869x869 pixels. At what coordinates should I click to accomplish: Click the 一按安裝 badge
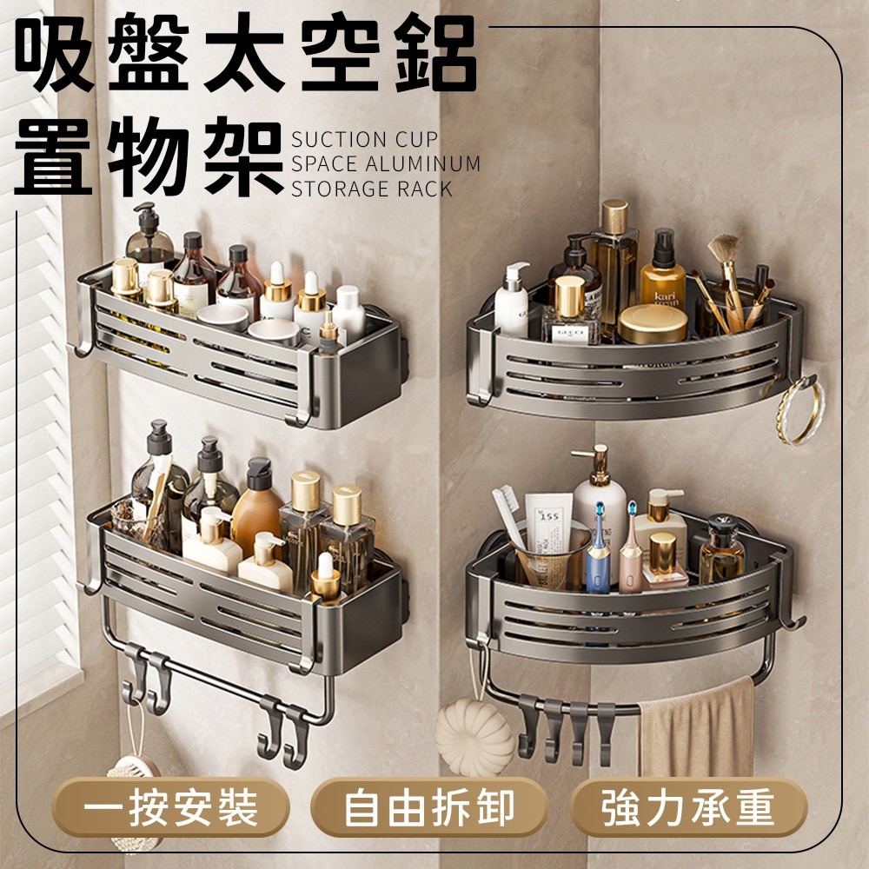[x=170, y=807]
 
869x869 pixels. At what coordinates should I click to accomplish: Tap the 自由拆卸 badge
[x=429, y=807]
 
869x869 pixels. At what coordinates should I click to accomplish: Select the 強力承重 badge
[x=687, y=807]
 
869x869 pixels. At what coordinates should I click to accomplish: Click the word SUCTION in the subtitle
[x=337, y=140]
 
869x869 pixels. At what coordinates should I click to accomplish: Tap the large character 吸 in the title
[x=54, y=53]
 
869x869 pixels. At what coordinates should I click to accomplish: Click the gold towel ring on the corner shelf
[x=800, y=410]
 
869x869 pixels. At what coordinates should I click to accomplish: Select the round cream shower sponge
[x=474, y=737]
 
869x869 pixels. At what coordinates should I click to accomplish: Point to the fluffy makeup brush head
[x=724, y=249]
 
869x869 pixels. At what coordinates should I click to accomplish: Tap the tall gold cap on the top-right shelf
[x=614, y=216]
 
